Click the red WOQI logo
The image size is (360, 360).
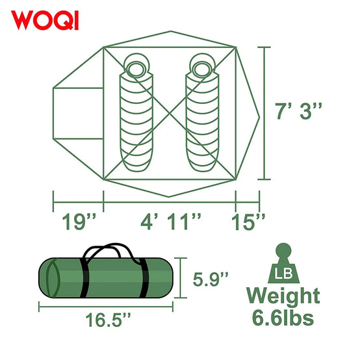(45, 20)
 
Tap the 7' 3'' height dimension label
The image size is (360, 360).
(298, 111)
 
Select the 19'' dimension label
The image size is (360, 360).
(79, 222)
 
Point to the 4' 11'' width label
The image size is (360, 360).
(171, 222)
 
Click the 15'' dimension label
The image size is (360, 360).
(248, 222)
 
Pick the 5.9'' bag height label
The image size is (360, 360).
(211, 279)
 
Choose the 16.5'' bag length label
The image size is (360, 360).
(108, 320)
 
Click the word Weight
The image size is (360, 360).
(283, 296)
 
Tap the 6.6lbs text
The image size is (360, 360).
(283, 318)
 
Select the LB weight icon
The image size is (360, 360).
(284, 263)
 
